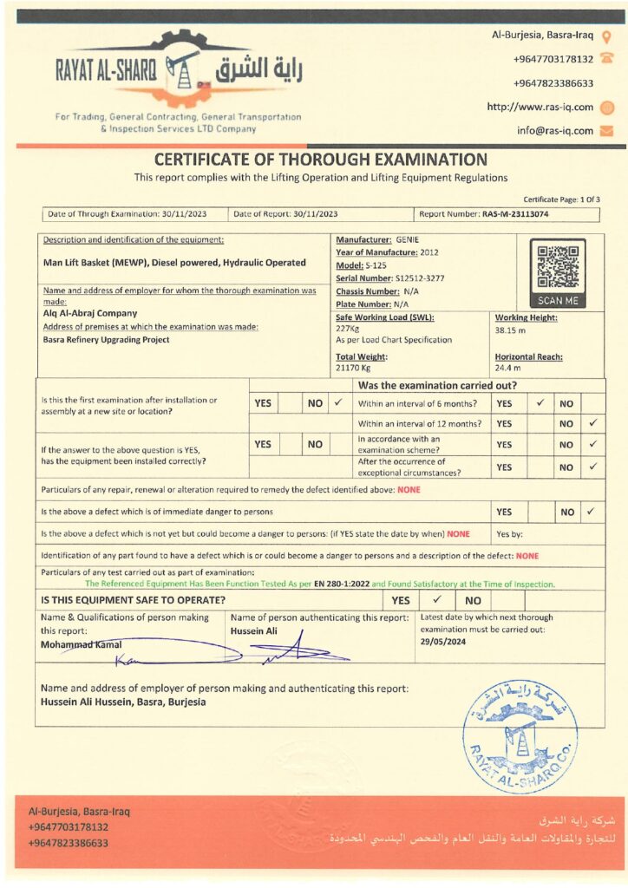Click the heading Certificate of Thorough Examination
[320, 160]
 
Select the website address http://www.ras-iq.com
[540, 108]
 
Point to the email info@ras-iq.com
[555, 131]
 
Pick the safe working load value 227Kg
[348, 329]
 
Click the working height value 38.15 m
[511, 330]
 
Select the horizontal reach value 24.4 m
[507, 369]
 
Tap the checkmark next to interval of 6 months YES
[540, 403]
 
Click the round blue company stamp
[520, 736]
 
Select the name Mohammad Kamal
[77, 644]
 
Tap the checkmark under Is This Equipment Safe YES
[437, 599]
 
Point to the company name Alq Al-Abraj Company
[90, 313]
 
